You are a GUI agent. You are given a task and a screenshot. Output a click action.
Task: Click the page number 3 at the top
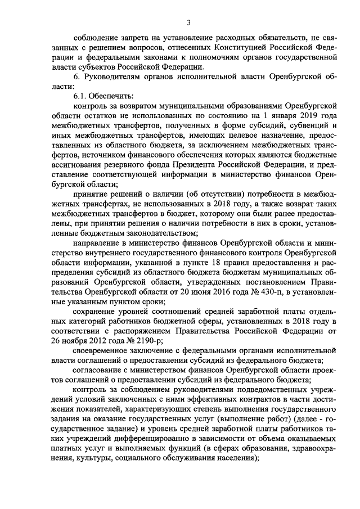point(190,22)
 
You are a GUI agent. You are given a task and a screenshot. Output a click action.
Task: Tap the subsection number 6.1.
point(74,96)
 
